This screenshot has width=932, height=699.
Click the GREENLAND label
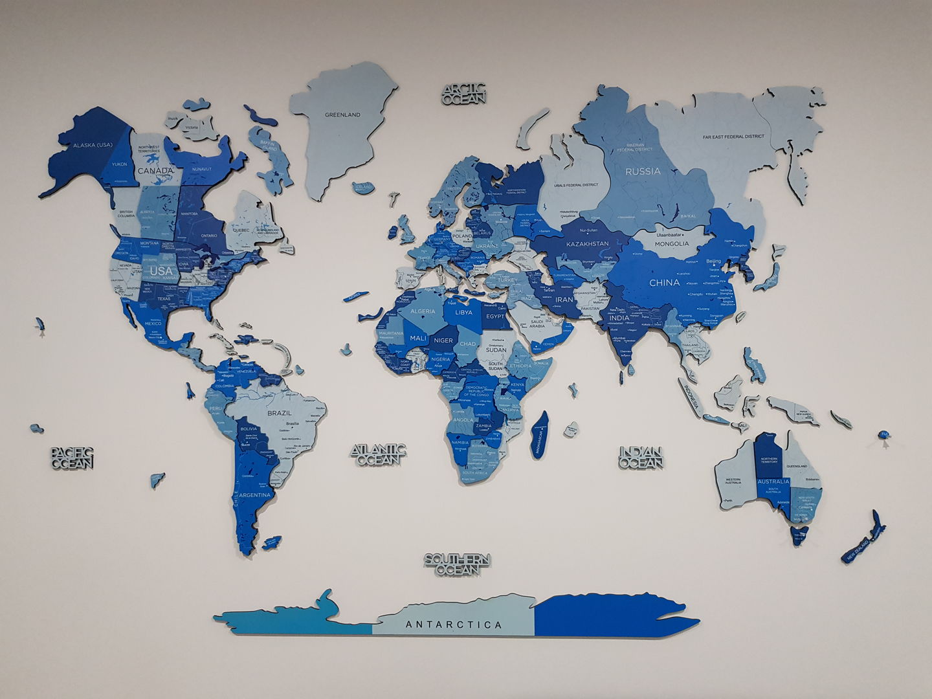click(342, 115)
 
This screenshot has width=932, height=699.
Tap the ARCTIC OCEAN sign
click(464, 94)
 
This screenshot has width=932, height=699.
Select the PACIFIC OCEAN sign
click(72, 457)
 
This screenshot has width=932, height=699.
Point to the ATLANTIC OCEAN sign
click(379, 454)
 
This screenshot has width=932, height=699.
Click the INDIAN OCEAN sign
click(640, 457)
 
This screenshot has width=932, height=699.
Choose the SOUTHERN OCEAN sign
click(458, 564)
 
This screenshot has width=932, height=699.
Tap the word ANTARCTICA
click(454, 625)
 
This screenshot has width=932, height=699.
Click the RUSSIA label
click(643, 172)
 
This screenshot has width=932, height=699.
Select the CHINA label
click(664, 283)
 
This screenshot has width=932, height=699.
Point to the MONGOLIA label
click(672, 243)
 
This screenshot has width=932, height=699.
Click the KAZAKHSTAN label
click(587, 244)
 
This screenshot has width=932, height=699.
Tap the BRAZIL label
click(280, 412)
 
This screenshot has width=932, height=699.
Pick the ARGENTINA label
click(255, 494)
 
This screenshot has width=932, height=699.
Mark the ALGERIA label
click(424, 311)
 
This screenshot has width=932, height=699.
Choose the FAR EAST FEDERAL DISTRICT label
click(733, 137)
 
